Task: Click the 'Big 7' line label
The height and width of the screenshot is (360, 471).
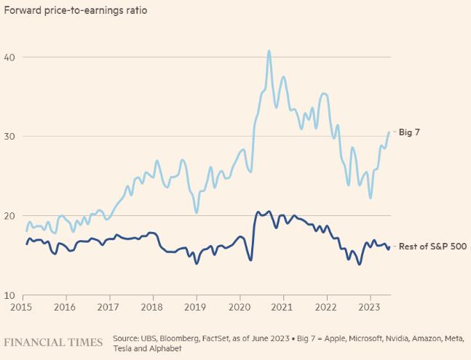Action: pyautogui.click(x=411, y=133)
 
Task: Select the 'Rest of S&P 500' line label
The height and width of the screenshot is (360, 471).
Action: pyautogui.click(x=432, y=247)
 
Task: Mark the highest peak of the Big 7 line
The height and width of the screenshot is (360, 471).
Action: pyautogui.click(x=269, y=51)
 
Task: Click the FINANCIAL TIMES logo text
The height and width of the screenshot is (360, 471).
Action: pyautogui.click(x=55, y=341)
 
